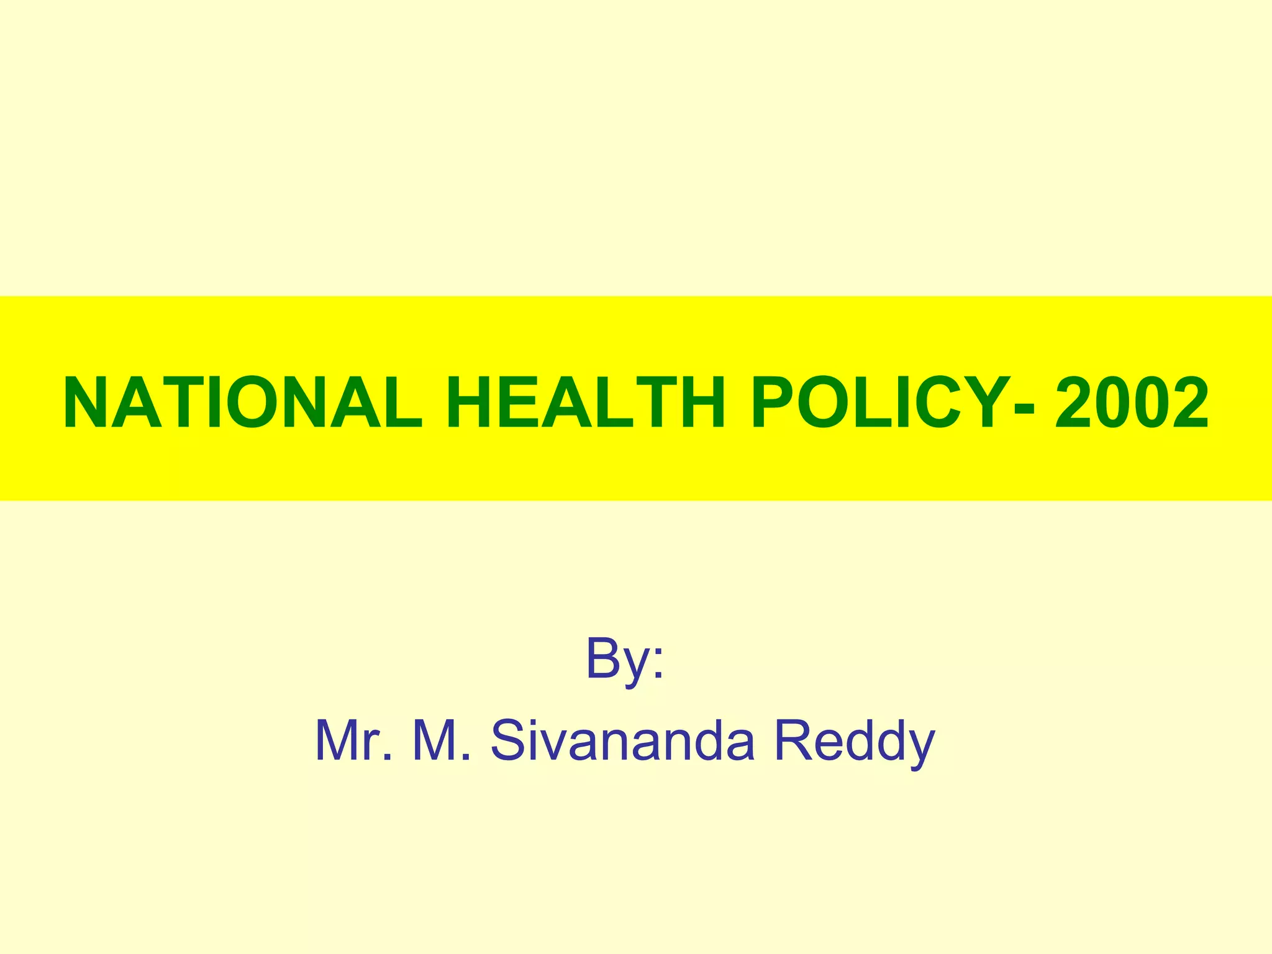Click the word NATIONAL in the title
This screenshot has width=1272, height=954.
242,403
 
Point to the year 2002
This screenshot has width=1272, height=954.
1132,403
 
